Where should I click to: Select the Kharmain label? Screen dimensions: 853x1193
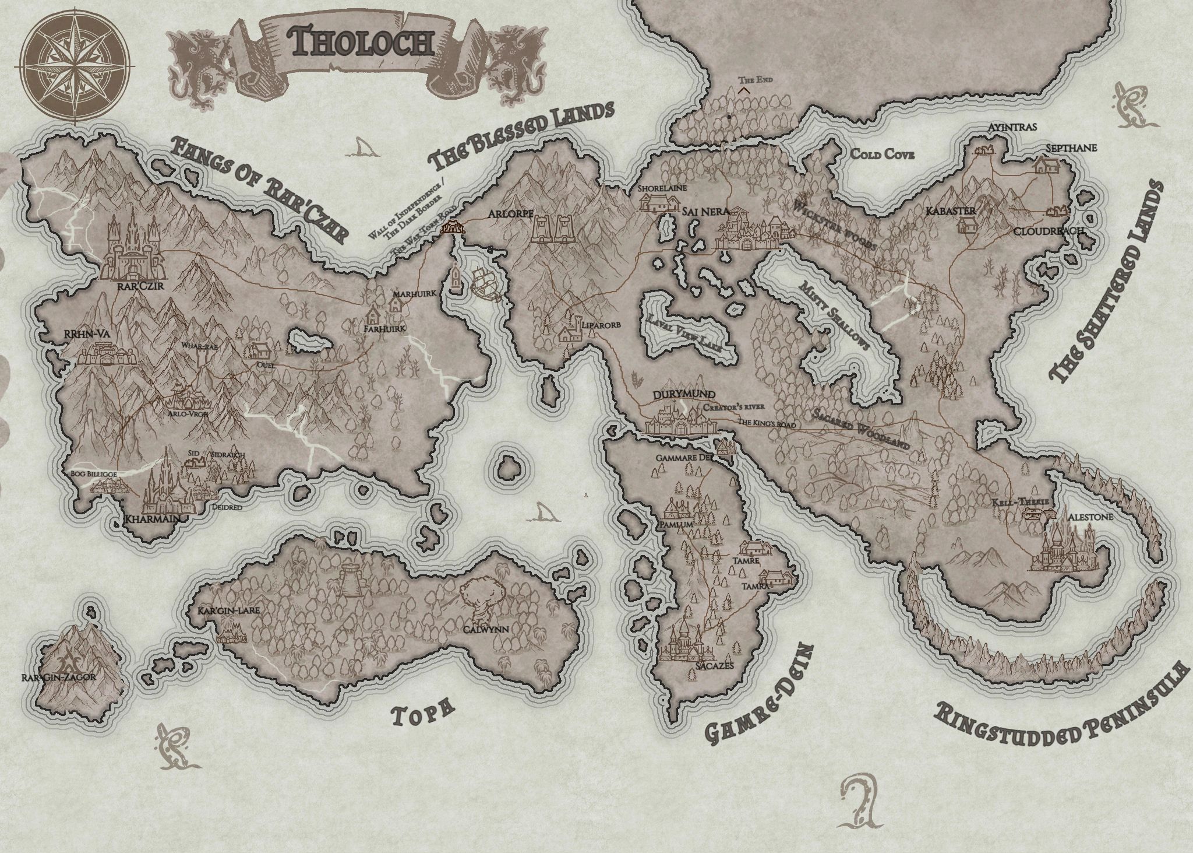pyautogui.click(x=151, y=518)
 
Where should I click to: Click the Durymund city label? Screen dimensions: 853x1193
pyautogui.click(x=676, y=395)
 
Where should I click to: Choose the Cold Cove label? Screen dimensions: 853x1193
pyautogui.click(x=882, y=154)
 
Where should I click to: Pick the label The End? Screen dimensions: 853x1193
pyautogui.click(x=755, y=80)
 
